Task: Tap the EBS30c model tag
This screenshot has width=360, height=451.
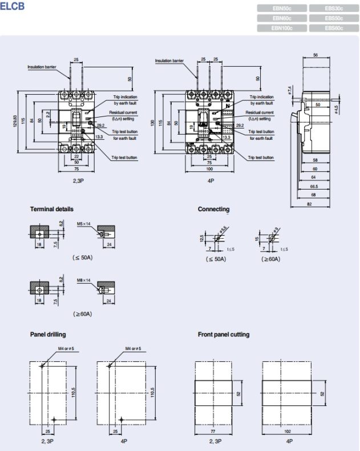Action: point(334,8)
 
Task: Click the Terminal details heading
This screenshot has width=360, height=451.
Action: point(52,209)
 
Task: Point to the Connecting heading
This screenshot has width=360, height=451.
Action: point(213,209)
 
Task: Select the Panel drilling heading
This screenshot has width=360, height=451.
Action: point(48,334)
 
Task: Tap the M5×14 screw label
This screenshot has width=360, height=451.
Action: point(84,224)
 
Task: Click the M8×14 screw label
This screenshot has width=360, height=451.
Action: point(84,280)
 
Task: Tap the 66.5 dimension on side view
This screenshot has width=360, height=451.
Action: point(314,186)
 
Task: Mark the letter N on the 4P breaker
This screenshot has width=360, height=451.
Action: point(227,106)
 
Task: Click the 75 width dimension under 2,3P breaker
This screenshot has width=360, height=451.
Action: point(76,170)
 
